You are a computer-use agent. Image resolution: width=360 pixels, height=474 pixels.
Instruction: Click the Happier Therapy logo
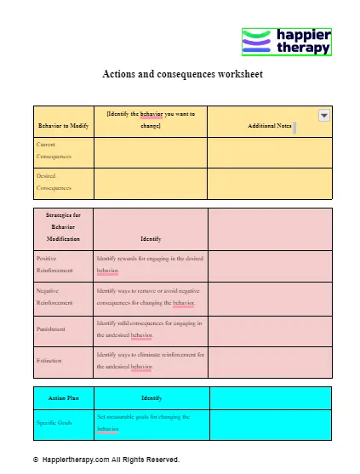pos(286,42)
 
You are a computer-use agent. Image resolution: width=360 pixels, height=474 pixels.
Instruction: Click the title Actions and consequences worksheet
pos(182,74)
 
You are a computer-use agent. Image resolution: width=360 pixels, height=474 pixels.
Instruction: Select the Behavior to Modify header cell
pos(63,126)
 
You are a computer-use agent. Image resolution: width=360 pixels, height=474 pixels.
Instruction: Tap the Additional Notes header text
pos(269,126)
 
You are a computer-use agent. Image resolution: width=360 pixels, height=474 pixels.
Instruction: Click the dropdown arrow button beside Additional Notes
pos(323,115)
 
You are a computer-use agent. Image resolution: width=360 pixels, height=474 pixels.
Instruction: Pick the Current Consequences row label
pos(54,151)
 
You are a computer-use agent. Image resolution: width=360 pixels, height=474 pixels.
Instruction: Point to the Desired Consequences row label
pos(54,181)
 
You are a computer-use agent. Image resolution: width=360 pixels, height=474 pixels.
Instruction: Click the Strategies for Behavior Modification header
pos(63,227)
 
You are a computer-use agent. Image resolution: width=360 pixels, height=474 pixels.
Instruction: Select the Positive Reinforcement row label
pos(55,263)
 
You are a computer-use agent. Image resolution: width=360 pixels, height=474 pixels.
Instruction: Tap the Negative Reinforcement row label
pos(55,295)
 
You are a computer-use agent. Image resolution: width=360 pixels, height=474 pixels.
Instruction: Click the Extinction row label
pos(49,361)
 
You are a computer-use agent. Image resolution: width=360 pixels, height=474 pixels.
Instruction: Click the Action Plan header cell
pos(63,397)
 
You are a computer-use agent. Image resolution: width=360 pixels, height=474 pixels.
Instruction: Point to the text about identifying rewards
pos(149,263)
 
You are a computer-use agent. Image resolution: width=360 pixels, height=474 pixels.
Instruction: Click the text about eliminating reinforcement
pos(150,360)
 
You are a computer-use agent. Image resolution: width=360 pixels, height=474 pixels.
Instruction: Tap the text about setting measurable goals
pos(142,422)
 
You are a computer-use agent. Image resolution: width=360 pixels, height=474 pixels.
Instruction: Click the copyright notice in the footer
pos(106,460)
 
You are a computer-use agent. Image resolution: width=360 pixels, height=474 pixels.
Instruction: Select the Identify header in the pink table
pos(150,239)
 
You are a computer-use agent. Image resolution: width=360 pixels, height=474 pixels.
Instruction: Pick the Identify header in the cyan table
pos(151,397)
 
